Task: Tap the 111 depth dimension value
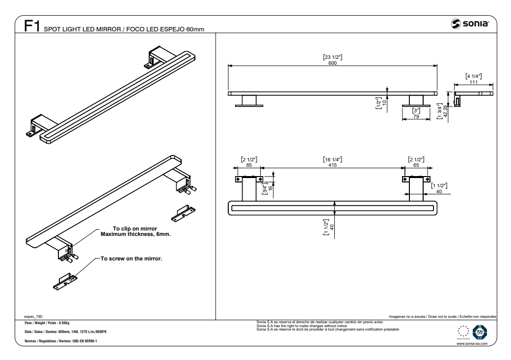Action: click(473, 82)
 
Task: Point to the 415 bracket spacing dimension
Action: click(332, 166)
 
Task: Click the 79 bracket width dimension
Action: click(415, 116)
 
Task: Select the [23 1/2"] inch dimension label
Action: click(332, 57)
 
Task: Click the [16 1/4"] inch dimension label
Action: click(332, 160)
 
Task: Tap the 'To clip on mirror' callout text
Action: click(135, 229)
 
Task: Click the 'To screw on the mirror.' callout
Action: click(131, 258)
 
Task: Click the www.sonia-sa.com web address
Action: click(472, 344)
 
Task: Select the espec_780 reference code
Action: click(33, 317)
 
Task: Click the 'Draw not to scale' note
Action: click(442, 317)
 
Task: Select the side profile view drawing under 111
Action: click(474, 94)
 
